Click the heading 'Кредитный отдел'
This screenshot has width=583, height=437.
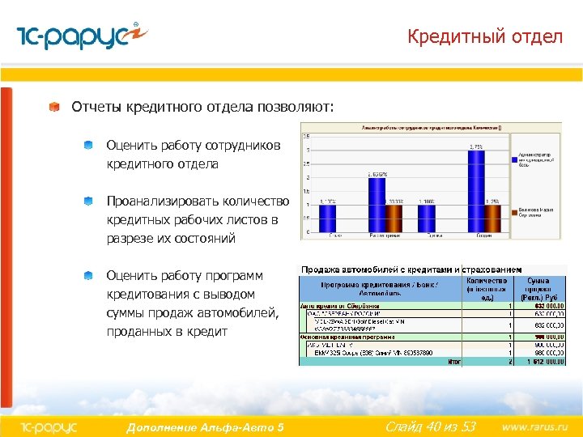[484, 36]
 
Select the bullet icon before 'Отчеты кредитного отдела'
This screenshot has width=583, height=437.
[53, 107]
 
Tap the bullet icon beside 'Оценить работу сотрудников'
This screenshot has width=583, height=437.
[87, 146]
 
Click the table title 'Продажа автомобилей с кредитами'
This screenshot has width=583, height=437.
[376, 269]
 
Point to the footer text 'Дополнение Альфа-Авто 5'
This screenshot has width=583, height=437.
[205, 426]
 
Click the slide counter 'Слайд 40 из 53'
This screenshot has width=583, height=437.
[430, 426]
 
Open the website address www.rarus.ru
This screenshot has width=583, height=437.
[535, 426]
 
